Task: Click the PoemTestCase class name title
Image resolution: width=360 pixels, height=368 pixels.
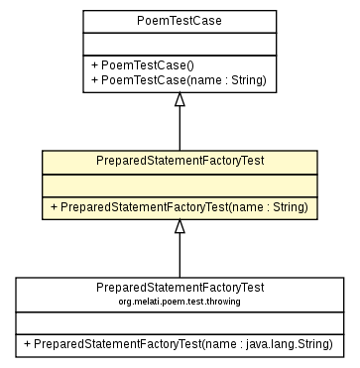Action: coord(180,20)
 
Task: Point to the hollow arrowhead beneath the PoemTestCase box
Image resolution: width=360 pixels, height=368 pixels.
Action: coord(180,99)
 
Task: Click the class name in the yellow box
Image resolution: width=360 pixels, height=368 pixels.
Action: coord(180,160)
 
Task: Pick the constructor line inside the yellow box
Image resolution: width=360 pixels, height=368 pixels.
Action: coord(180,206)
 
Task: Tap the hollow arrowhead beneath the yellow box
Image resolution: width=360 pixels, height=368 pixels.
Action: coord(180,227)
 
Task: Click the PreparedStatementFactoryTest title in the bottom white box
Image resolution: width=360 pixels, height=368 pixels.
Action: coord(180,287)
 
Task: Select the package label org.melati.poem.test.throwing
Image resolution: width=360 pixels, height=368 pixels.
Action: coord(180,300)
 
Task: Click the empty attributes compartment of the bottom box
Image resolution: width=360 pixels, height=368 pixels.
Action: coord(180,321)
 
